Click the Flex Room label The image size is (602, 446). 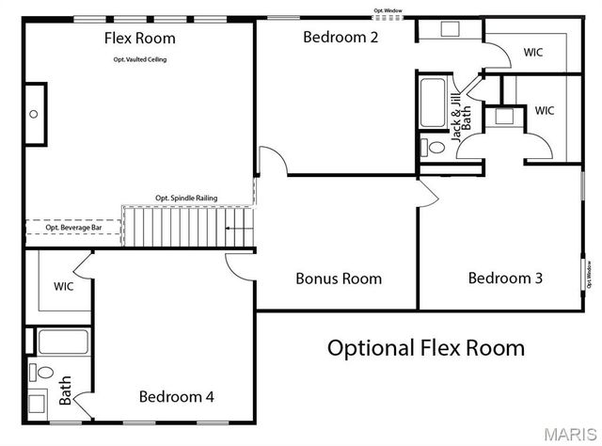(139, 39)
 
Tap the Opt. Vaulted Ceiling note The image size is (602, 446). (139, 59)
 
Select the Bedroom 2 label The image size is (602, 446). (340, 38)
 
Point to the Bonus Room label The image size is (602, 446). (339, 279)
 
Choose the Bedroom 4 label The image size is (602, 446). (176, 397)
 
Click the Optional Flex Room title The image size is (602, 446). (425, 348)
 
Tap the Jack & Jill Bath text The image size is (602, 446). (458, 118)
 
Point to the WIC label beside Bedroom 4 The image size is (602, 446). (63, 286)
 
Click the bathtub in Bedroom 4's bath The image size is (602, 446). (63, 342)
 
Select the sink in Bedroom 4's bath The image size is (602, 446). (38, 405)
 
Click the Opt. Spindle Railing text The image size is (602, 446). (186, 199)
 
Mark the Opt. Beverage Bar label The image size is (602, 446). (73, 228)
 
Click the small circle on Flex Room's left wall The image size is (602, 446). (33, 114)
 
